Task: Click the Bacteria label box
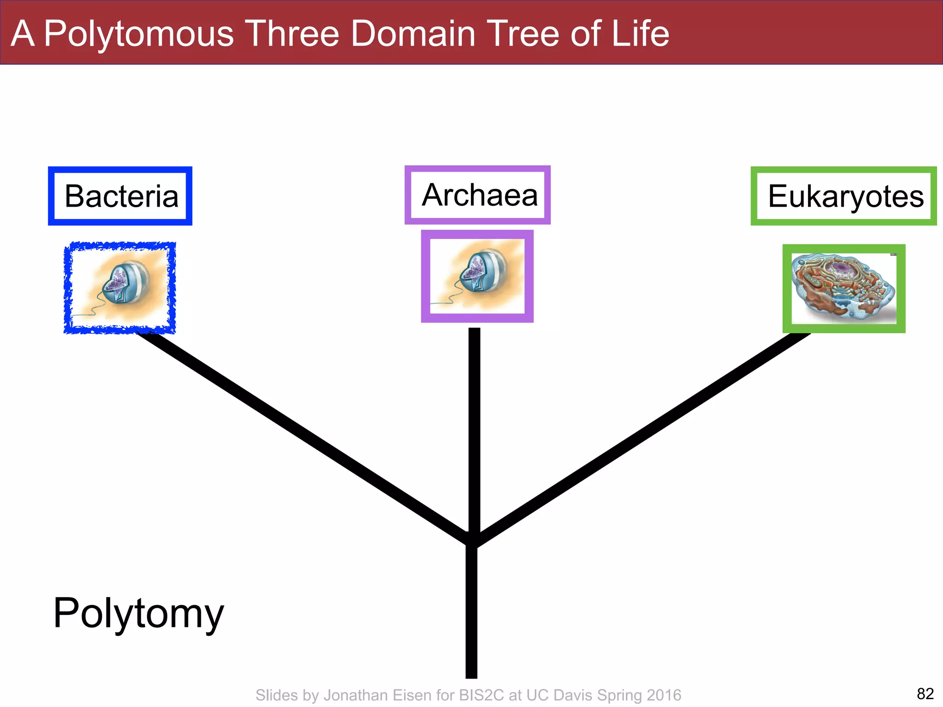pyautogui.click(x=120, y=196)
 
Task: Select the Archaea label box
pyautogui.click(x=477, y=195)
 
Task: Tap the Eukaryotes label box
pyautogui.click(x=844, y=196)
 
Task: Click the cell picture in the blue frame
pyautogui.click(x=120, y=288)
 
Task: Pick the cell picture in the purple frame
pyautogui.click(x=477, y=276)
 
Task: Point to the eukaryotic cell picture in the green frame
pyautogui.click(x=844, y=289)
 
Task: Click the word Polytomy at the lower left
pyautogui.click(x=138, y=613)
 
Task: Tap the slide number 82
pyautogui.click(x=925, y=693)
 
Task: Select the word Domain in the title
pyautogui.click(x=413, y=33)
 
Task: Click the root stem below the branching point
pyautogui.click(x=471, y=612)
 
